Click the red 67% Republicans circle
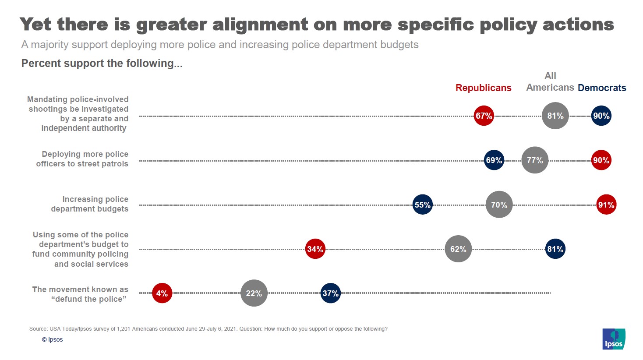484,116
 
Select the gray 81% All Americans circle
555,116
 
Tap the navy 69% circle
494,160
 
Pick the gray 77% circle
535,160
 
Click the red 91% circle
606,205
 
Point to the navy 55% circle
422,205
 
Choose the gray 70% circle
499,205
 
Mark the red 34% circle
315,249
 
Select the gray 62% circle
458,249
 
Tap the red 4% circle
162,293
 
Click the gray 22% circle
254,293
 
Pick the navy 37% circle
330,293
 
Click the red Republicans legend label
483,88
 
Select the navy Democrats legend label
601,88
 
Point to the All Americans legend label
550,82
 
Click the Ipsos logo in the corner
614,339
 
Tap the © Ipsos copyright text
52,339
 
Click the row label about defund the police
80,294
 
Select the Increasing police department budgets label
90,204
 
